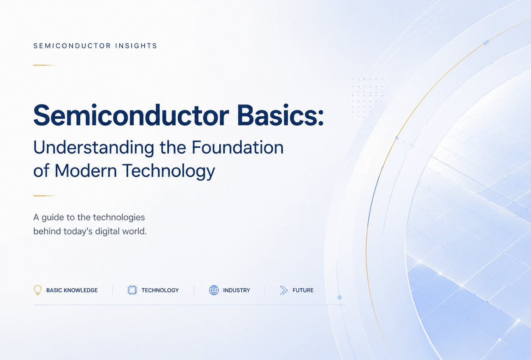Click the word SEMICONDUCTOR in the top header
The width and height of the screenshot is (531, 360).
pyautogui.click(x=72, y=46)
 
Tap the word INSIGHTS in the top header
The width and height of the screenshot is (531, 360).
pyautogui.click(x=136, y=46)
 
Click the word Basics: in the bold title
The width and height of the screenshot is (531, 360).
pyautogui.click(x=281, y=115)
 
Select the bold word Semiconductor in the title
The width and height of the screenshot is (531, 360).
pyautogui.click(x=131, y=115)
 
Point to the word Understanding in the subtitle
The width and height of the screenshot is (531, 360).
pyautogui.click(x=94, y=148)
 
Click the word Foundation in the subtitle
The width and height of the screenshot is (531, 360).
pyautogui.click(x=237, y=147)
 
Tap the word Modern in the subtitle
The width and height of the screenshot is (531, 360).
pyautogui.click(x=86, y=171)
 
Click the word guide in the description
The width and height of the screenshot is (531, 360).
pyautogui.click(x=52, y=218)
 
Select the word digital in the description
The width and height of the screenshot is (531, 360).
pyautogui.click(x=106, y=231)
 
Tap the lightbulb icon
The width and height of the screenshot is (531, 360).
pyautogui.click(x=38, y=290)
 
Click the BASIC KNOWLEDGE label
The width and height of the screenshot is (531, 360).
pyautogui.click(x=72, y=290)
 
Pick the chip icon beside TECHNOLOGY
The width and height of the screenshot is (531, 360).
pyautogui.click(x=132, y=290)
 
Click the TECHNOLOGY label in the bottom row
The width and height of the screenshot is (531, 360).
pyautogui.click(x=160, y=290)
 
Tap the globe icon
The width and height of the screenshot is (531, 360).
pyautogui.click(x=214, y=290)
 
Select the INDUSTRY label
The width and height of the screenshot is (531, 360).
pyautogui.click(x=237, y=290)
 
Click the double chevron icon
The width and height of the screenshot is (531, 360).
pyautogui.click(x=284, y=290)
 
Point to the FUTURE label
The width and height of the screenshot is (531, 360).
pyautogui.click(x=303, y=290)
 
